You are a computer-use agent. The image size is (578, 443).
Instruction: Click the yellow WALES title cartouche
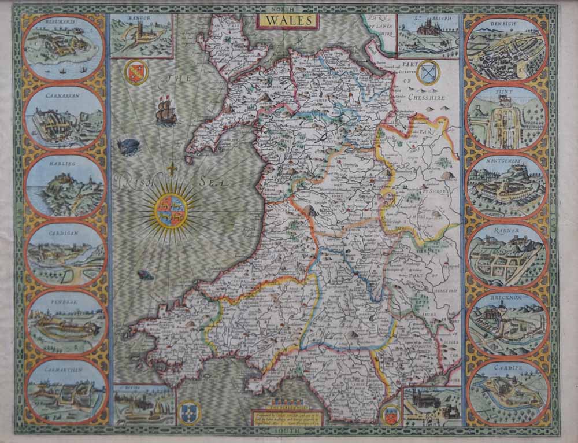tap(288, 21)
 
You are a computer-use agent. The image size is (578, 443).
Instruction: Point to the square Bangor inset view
tap(142, 36)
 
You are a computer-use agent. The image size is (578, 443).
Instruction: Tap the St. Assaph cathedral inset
tap(428, 36)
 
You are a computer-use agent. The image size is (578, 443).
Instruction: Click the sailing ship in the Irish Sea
tap(166, 112)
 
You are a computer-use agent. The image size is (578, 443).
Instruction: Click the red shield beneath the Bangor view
tap(136, 72)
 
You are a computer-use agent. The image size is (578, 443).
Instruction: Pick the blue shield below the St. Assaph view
tap(428, 72)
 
